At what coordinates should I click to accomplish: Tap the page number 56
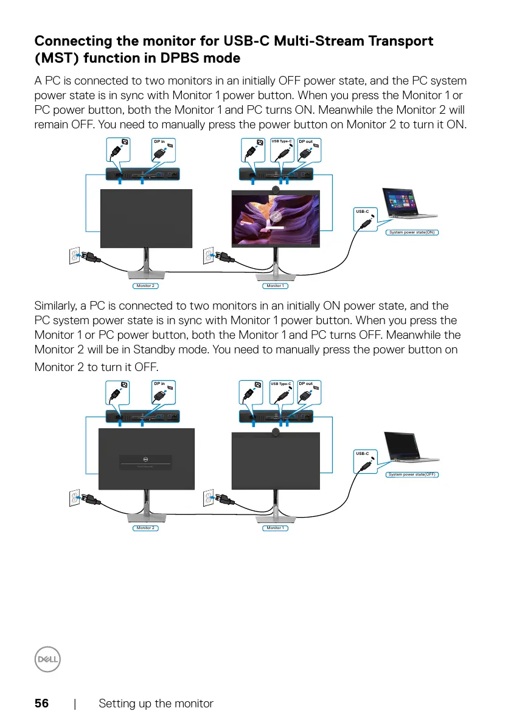click(x=41, y=704)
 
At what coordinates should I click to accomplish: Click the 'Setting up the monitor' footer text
click(x=156, y=704)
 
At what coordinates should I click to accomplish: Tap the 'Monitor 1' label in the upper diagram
click(x=274, y=285)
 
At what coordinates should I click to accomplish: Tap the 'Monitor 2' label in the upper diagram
click(x=144, y=285)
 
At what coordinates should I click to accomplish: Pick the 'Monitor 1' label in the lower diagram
click(x=274, y=528)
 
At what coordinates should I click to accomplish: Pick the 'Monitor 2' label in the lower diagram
click(x=144, y=528)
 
